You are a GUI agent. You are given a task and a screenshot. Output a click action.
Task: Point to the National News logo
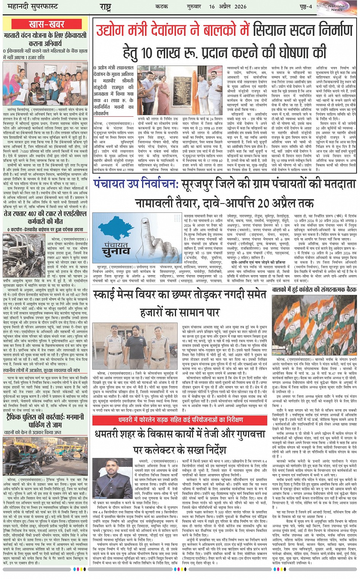pos(336,8)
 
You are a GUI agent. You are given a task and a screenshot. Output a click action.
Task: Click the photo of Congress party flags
pos(314,324)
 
